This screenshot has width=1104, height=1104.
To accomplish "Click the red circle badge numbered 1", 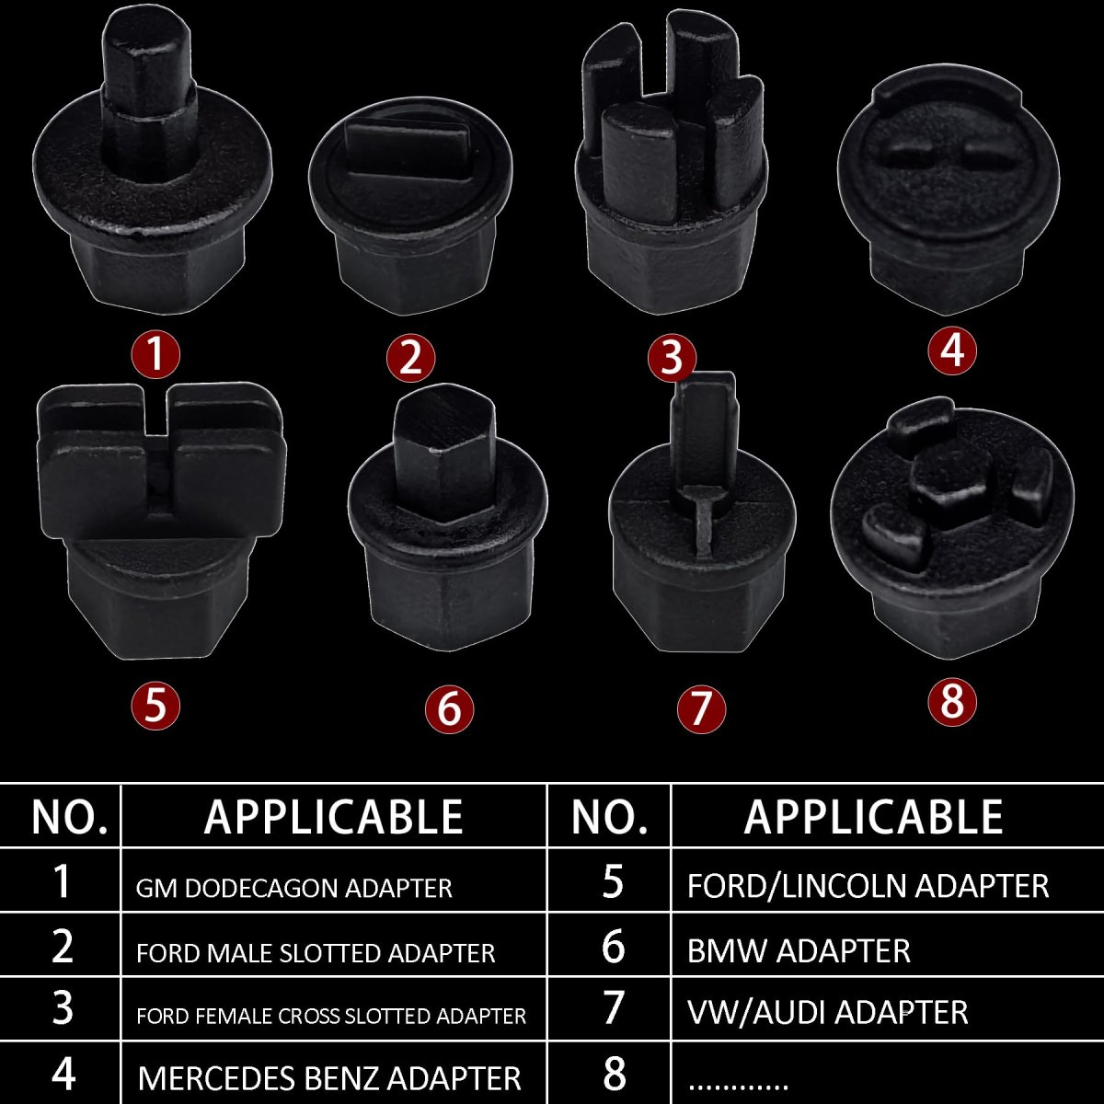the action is click(x=155, y=354).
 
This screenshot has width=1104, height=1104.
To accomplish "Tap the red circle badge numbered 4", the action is click(x=951, y=350).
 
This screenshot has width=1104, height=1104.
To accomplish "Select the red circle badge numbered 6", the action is click(x=449, y=709).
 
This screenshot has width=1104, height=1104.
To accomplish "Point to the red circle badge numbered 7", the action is click(x=701, y=709).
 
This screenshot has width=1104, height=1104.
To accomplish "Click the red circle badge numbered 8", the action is click(x=951, y=702).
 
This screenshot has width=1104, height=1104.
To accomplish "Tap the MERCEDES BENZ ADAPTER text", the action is click(x=329, y=1078).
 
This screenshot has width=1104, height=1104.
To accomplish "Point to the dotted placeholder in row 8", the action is click(x=739, y=1086).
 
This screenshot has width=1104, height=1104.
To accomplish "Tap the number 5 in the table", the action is click(x=612, y=881).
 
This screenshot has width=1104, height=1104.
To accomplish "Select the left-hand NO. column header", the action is click(x=69, y=817).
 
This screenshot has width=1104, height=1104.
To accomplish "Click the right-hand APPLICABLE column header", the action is click(x=873, y=816).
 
